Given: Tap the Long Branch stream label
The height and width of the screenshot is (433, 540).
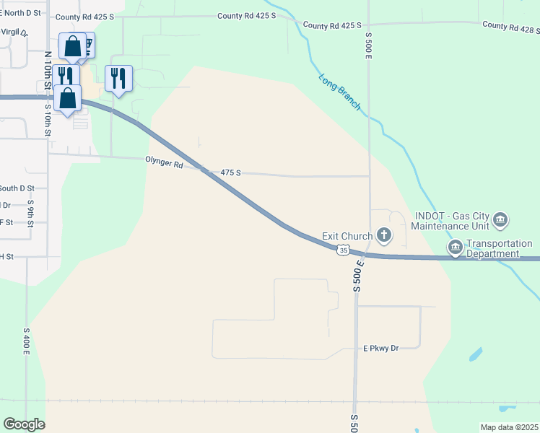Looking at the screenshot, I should (x=339, y=91).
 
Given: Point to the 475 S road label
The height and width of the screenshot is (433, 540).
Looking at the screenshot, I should (x=230, y=173).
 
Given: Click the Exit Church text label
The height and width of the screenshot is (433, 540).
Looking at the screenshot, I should (x=347, y=236).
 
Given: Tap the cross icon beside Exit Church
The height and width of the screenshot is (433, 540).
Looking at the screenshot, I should (x=384, y=235).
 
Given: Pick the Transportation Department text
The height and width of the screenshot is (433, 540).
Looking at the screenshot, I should (x=499, y=249).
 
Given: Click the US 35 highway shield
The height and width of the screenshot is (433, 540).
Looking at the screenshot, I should (x=343, y=250).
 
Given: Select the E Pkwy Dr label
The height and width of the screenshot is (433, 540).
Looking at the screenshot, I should (x=380, y=348).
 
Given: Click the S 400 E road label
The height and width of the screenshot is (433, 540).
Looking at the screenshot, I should (x=26, y=338).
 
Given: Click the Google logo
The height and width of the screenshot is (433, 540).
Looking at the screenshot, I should (x=24, y=424).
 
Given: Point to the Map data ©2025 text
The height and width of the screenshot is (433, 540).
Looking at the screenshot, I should (x=508, y=427).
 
